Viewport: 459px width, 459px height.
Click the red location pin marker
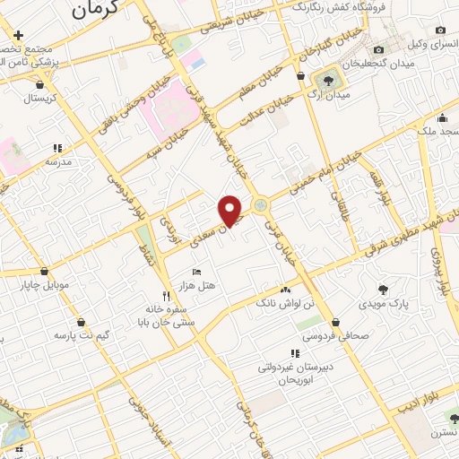tap(230, 211)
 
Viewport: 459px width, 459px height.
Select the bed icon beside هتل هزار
tap(197, 272)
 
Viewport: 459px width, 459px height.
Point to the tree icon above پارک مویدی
tap(384, 289)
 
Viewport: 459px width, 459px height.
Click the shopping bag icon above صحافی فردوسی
tap(334, 322)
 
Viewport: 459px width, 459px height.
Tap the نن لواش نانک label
tap(285, 306)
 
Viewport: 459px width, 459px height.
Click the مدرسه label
tap(58, 164)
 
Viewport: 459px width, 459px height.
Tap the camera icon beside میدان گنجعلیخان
tap(379, 49)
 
